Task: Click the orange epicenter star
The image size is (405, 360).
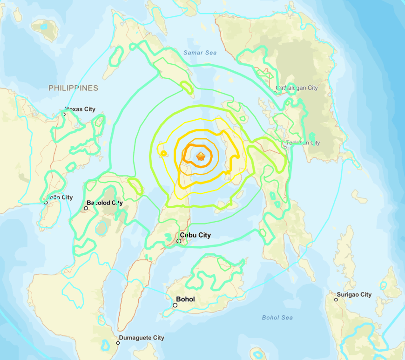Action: [201, 156]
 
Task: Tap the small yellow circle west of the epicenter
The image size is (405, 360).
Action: [163, 154]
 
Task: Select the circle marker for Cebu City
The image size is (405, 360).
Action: [179, 241]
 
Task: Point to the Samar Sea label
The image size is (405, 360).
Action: [200, 53]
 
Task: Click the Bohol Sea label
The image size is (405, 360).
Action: [277, 318]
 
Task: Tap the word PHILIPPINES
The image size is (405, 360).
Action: [74, 88]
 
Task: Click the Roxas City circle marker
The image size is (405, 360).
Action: [65, 114]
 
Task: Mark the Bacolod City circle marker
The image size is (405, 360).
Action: [86, 208]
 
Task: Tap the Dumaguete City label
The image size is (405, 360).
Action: [142, 338]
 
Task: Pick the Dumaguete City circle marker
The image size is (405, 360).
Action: [118, 343]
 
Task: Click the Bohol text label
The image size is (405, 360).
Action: [185, 299]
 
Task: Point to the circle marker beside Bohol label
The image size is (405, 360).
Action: [175, 306]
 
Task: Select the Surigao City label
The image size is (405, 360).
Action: [356, 294]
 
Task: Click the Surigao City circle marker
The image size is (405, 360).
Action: [336, 299]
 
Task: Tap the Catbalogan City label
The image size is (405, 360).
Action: [297, 88]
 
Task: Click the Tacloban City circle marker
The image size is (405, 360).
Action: [285, 146]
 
